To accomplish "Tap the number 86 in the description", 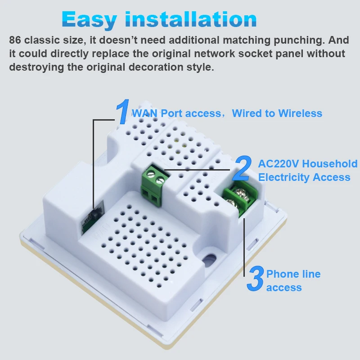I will pyautogui.click(x=15, y=40).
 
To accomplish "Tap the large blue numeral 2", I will pyautogui.click(x=243, y=168).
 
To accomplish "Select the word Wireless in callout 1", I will pyautogui.click(x=300, y=113).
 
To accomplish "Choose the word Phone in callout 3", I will pyautogui.click(x=282, y=274).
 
